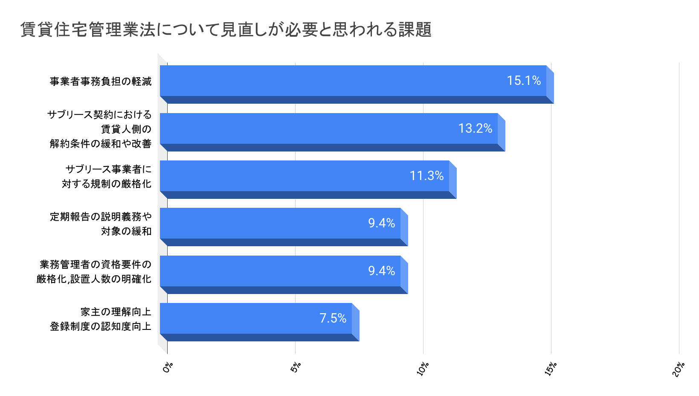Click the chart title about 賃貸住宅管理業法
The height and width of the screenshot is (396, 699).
[x=226, y=30]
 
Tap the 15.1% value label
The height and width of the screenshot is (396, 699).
[x=524, y=81]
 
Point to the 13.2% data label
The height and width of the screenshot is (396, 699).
[x=475, y=128]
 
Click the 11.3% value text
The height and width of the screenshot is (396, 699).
[x=426, y=176]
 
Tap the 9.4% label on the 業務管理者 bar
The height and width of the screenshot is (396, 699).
[x=381, y=271]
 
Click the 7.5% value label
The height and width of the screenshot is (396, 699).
[x=333, y=318]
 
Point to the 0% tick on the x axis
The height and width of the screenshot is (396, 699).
[x=168, y=367]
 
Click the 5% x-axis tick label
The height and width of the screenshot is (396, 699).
[x=296, y=367]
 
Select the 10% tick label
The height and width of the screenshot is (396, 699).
[x=423, y=369]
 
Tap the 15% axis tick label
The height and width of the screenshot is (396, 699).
[x=551, y=369]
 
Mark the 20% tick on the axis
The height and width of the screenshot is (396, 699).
[x=679, y=369]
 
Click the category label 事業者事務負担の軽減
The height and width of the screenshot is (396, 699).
[x=101, y=82]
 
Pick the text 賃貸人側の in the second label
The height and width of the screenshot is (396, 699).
[x=126, y=129]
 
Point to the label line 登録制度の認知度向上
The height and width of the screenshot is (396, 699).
[x=101, y=326]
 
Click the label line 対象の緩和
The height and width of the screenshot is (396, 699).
[x=126, y=231]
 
